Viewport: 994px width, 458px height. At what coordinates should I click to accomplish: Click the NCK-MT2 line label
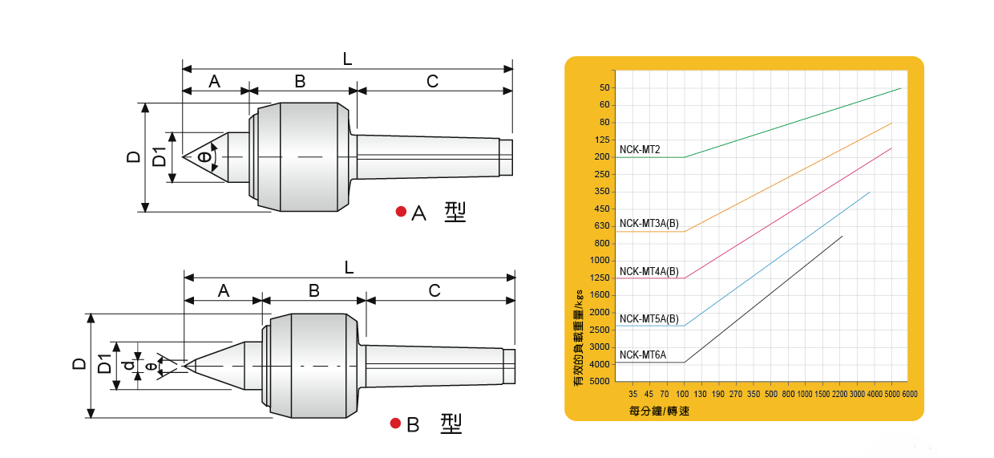(x=640, y=149)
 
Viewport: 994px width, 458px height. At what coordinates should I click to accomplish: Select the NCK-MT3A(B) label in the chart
(x=649, y=223)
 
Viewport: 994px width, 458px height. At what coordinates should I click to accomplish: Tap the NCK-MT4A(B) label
(x=649, y=271)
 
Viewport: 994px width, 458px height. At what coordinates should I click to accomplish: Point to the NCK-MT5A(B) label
(x=649, y=318)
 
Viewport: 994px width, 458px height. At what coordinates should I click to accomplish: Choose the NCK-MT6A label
(x=643, y=355)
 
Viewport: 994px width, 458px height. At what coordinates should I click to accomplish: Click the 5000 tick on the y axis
(x=599, y=381)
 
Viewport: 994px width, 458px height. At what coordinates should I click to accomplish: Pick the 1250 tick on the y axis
(x=599, y=278)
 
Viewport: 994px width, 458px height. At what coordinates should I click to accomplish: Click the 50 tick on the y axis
(x=604, y=87)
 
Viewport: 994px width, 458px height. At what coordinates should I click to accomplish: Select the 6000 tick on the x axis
(x=910, y=394)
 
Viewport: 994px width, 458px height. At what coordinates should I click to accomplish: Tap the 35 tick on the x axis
(x=632, y=394)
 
